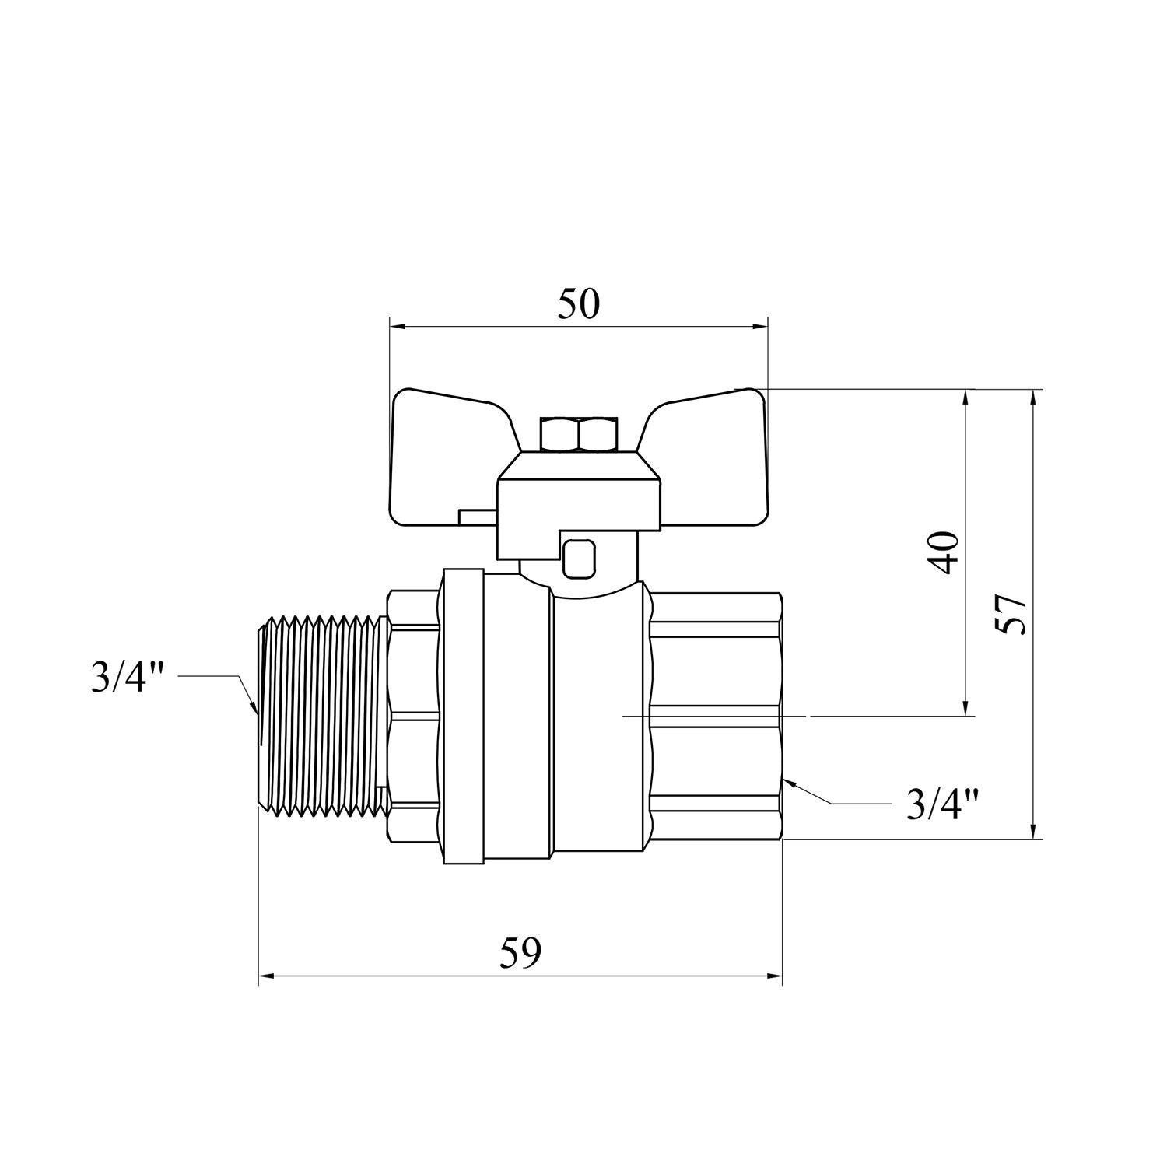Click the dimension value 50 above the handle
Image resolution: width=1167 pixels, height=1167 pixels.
point(579,303)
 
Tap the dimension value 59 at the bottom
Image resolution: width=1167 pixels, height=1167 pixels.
point(520,953)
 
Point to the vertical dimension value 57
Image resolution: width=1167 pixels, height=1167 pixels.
point(1011,615)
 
